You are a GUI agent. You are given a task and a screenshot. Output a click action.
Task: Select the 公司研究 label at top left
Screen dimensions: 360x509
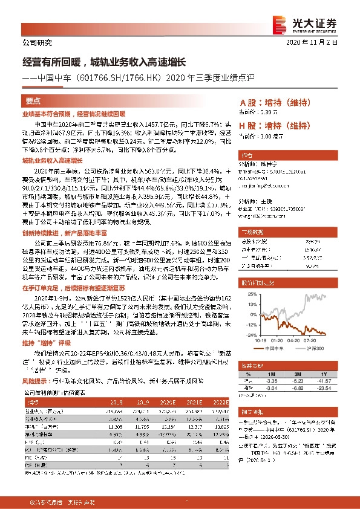click(37, 43)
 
